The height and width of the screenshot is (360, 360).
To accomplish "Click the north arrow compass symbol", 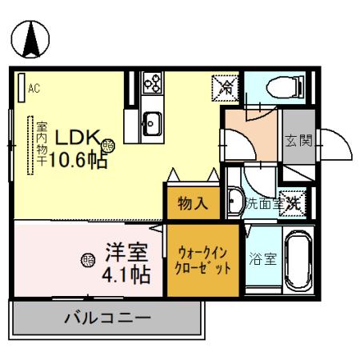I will (30, 40).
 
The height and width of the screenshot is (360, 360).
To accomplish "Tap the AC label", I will (34, 88).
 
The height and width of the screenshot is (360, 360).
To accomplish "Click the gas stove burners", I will (152, 82).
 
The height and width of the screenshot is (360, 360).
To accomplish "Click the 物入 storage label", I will (191, 202).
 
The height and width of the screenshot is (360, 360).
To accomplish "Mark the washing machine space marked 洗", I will (293, 202).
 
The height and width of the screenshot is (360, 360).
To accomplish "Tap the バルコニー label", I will (107, 318).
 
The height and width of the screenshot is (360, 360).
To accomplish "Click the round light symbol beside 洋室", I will (87, 259).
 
